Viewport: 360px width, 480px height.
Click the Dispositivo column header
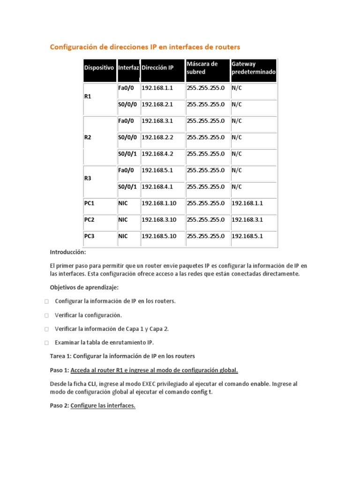tap(99, 68)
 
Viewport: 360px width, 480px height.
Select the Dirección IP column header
tap(157, 68)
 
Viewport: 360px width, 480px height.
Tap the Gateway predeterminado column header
tap(253, 68)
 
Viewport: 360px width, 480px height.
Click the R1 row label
tap(88, 97)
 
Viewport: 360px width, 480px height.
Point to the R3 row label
tap(88, 179)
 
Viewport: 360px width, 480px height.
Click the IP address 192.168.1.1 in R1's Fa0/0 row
tap(157, 88)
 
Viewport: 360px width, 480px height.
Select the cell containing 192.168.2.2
tap(157, 138)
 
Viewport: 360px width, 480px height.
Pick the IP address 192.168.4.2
tap(157, 154)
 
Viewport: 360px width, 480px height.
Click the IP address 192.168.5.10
tap(159, 236)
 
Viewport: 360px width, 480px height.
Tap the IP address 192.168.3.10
tap(159, 220)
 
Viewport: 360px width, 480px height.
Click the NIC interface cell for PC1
tap(123, 203)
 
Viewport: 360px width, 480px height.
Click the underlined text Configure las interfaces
tap(103, 406)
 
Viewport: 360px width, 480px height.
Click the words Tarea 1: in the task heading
tap(61, 356)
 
